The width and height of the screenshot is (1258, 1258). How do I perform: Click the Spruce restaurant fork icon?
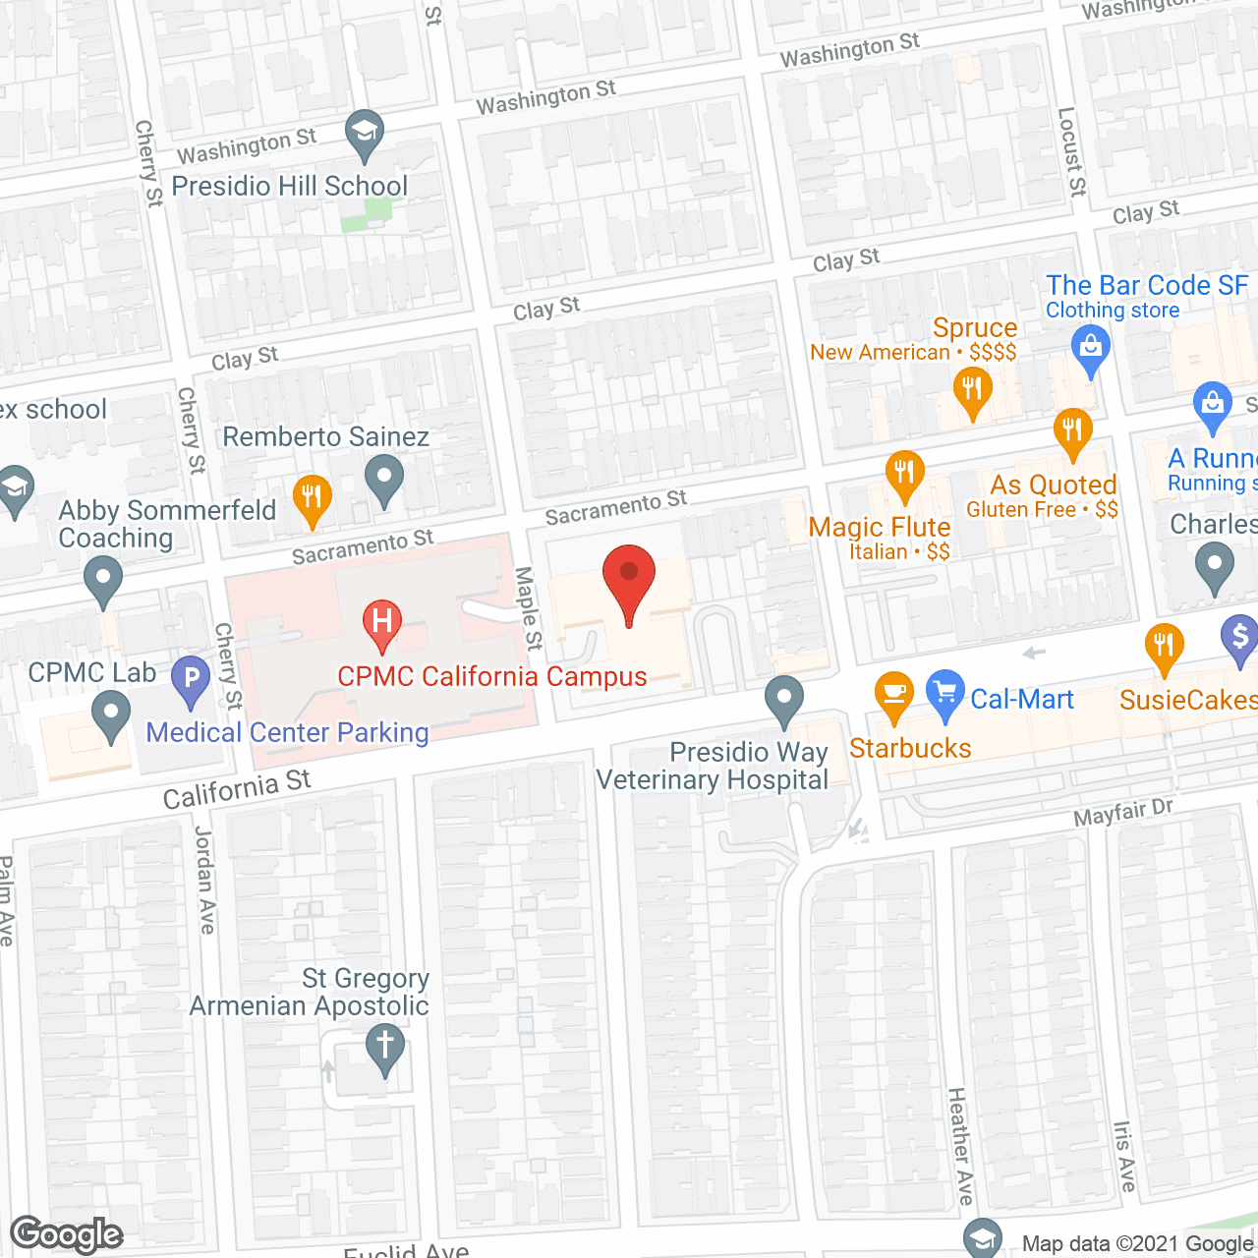coord(972,391)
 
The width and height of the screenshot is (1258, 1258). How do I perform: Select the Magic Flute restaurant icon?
coord(904,475)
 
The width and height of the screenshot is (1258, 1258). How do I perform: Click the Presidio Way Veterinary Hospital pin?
coord(784,702)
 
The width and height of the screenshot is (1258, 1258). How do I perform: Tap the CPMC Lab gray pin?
coord(111,715)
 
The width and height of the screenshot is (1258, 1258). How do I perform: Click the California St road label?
coord(237,789)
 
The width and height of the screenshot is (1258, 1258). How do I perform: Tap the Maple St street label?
coord(529,608)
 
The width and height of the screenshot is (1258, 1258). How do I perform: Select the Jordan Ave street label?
coord(204,881)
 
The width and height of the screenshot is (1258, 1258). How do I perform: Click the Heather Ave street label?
coord(960,1146)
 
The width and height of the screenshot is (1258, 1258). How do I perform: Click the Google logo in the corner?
coord(67,1234)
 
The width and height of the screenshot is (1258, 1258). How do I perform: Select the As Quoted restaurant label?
coord(1053,485)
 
